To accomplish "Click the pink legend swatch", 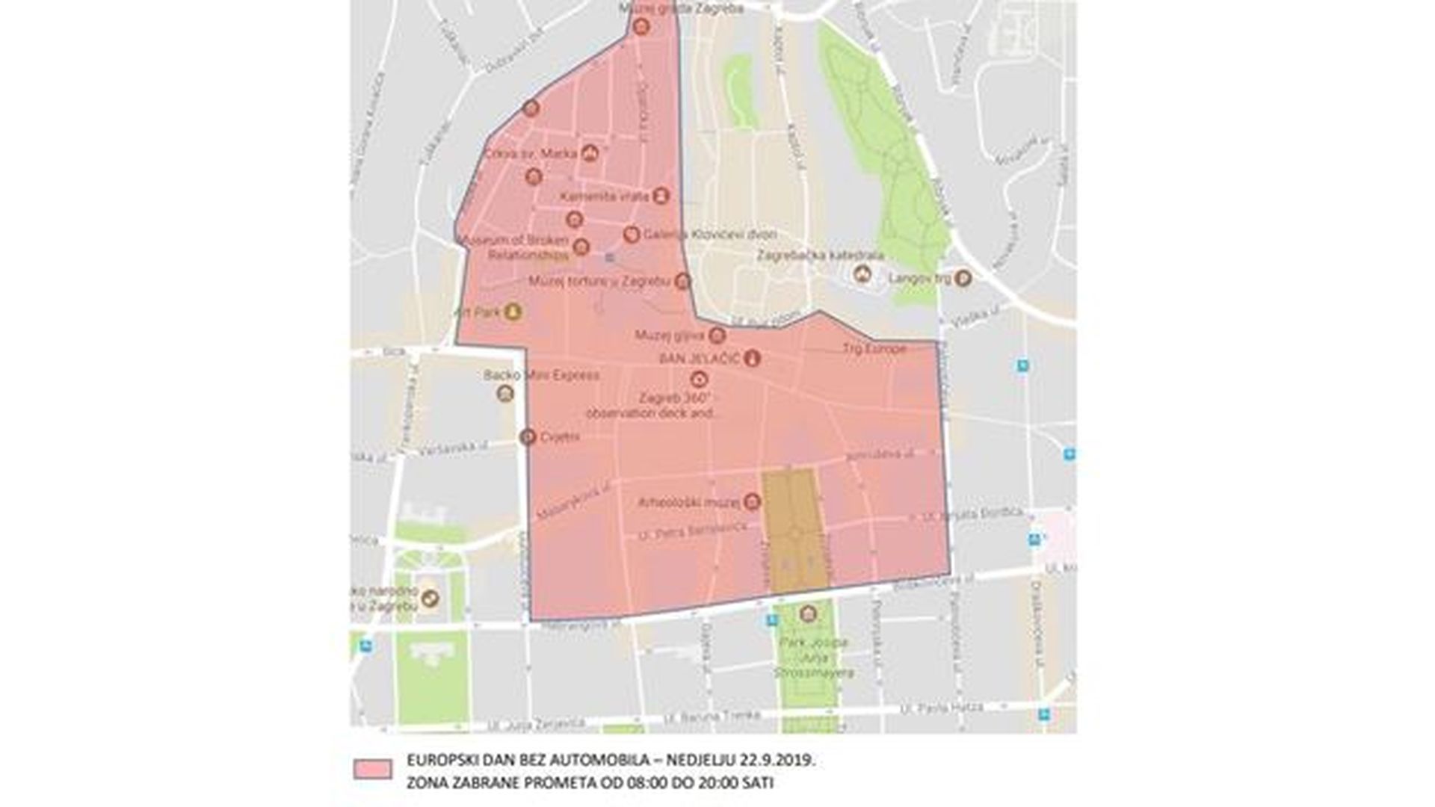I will (x=373, y=770).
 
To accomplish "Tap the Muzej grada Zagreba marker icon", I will (x=641, y=27).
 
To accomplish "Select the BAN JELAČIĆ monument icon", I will (x=753, y=359).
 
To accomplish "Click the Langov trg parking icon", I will (x=963, y=279).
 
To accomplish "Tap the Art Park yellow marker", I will (x=513, y=311).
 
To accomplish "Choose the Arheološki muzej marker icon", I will (x=752, y=501).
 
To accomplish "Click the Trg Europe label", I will (x=874, y=349).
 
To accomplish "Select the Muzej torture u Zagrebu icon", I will (x=682, y=282).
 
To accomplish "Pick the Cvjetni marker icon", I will (x=528, y=436).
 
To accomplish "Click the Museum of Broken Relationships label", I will (x=516, y=247).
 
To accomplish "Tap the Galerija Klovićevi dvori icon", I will (x=632, y=235).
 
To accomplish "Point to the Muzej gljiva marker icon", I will (x=717, y=335).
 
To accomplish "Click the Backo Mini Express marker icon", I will (x=506, y=394).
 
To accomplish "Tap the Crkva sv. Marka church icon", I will (x=590, y=153).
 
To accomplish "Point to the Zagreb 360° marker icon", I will (x=699, y=379).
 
